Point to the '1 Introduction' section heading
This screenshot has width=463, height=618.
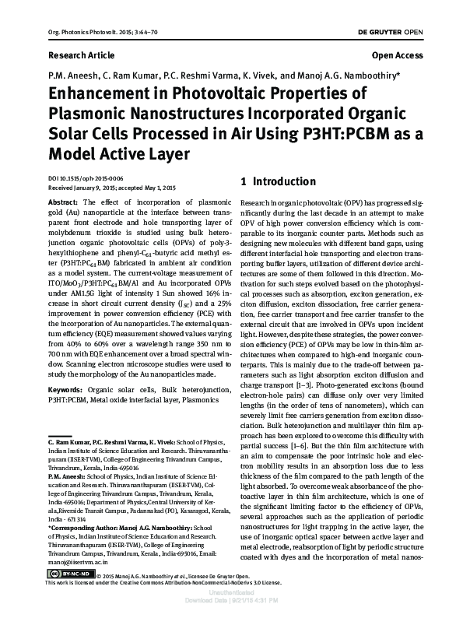pos(279,182)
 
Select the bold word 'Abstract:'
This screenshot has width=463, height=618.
pos(63,201)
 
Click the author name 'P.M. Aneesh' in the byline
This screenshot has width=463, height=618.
pos(72,76)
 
